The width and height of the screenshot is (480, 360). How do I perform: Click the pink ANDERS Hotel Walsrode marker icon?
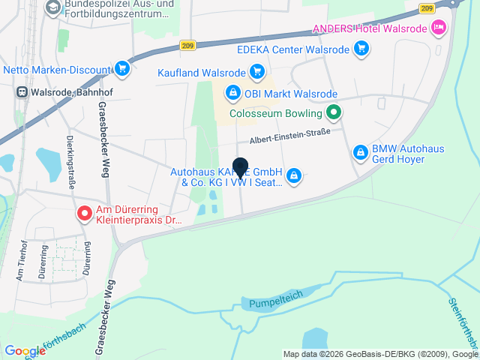(x=439, y=28)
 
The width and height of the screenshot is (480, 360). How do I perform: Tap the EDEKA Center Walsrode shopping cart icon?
(x=362, y=49)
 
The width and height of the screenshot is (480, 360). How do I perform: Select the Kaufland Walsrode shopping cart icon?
(x=257, y=72)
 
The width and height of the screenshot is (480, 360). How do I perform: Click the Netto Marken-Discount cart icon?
(x=122, y=70)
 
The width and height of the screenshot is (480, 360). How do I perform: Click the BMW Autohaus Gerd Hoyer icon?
(x=361, y=152)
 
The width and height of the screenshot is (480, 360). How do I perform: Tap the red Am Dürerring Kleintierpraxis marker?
(x=85, y=214)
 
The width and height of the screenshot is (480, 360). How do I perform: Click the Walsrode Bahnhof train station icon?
(x=22, y=92)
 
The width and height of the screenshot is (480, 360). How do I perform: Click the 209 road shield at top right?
(x=427, y=8)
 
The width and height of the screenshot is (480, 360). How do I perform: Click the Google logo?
(x=25, y=351)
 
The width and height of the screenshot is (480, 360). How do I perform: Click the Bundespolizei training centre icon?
(x=53, y=8)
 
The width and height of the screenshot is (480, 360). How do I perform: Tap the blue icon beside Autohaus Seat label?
(x=294, y=176)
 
